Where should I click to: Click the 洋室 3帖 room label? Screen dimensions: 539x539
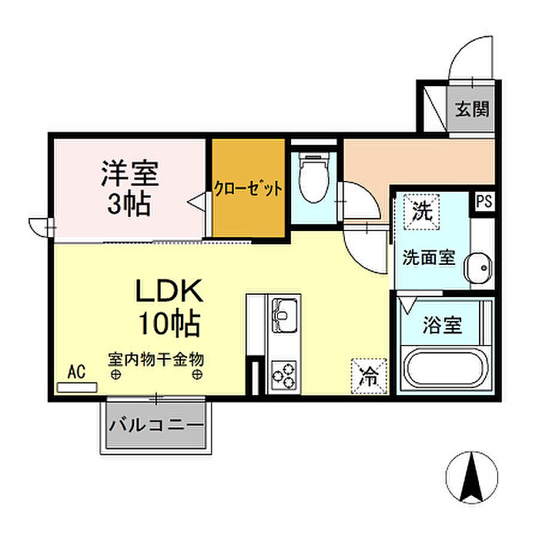[x=130, y=189]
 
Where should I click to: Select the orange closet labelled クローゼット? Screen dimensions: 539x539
[x=248, y=188]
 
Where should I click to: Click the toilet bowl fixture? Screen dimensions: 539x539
[x=313, y=178]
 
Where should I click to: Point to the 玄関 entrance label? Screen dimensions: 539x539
[x=471, y=109]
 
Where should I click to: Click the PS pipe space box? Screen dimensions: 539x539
[x=484, y=201]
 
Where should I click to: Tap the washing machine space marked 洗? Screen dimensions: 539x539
[x=421, y=212]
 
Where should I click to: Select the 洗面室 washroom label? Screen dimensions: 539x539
[x=429, y=257]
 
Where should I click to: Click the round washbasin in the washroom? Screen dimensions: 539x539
[x=478, y=268]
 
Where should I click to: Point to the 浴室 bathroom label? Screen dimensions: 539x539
[x=442, y=325]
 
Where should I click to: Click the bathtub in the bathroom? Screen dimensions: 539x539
[x=445, y=368]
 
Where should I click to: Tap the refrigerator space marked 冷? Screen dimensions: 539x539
[x=369, y=376]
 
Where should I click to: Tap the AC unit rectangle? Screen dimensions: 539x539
[x=77, y=387]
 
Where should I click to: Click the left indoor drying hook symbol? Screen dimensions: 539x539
[x=115, y=374]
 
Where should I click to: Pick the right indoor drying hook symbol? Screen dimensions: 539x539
[x=197, y=374]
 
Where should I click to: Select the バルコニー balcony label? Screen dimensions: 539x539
[x=156, y=425]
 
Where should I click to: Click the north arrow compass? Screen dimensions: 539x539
[x=471, y=477]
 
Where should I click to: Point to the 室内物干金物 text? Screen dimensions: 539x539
[x=156, y=360]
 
